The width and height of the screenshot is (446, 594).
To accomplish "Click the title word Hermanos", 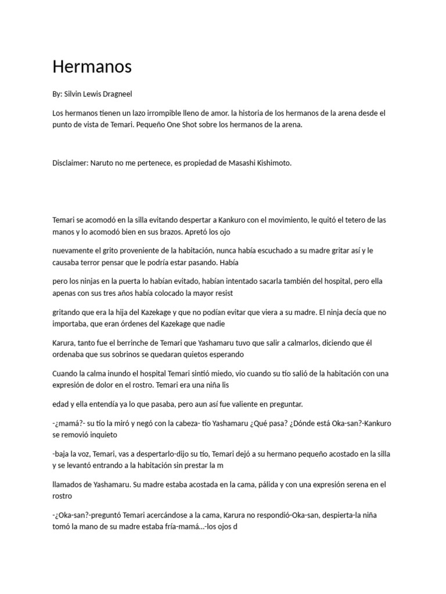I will pyautogui.click(x=92, y=67).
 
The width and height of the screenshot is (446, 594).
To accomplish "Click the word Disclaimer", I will pyautogui.click(x=70, y=163).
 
